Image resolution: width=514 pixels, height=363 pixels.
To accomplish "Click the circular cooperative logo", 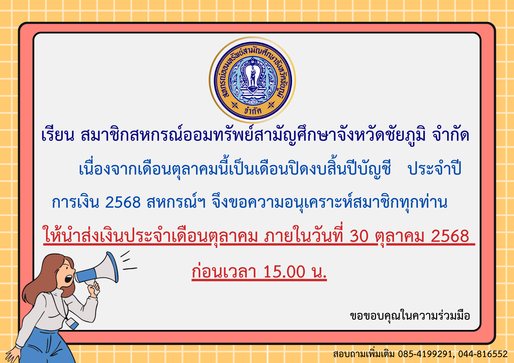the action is (x=252, y=80).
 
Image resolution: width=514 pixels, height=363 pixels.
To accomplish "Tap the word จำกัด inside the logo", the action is (x=253, y=110).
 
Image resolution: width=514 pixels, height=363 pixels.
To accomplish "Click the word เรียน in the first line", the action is (x=58, y=135).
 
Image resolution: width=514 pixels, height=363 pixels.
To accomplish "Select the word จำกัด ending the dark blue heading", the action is (x=451, y=135).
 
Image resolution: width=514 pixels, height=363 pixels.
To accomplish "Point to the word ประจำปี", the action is (x=435, y=168).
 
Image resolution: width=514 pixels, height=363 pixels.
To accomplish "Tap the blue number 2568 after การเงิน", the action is (x=123, y=202).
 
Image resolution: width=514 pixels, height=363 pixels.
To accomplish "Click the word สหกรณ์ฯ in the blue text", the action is (x=176, y=202).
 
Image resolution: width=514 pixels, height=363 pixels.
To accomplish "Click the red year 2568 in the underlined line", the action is (x=450, y=236).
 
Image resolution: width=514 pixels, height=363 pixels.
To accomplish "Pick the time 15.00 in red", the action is (x=284, y=272).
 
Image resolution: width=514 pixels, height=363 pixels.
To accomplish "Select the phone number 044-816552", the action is (x=483, y=354).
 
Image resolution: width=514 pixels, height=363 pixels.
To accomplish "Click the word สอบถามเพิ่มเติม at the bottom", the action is (x=364, y=354).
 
